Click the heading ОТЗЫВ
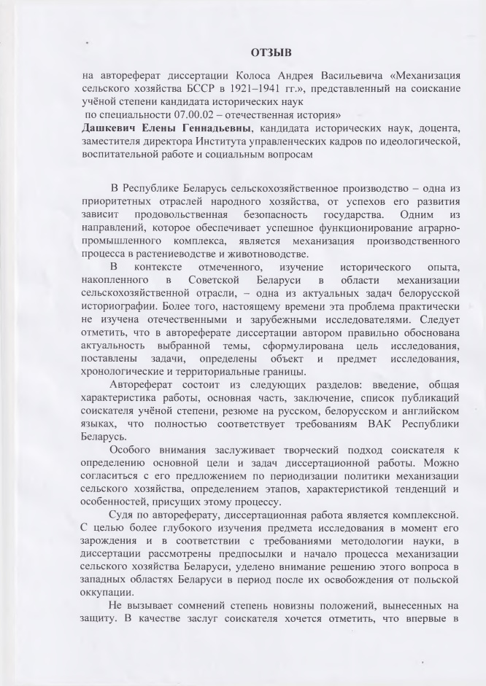(x=271, y=52)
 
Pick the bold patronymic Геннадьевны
(x=204, y=128)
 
